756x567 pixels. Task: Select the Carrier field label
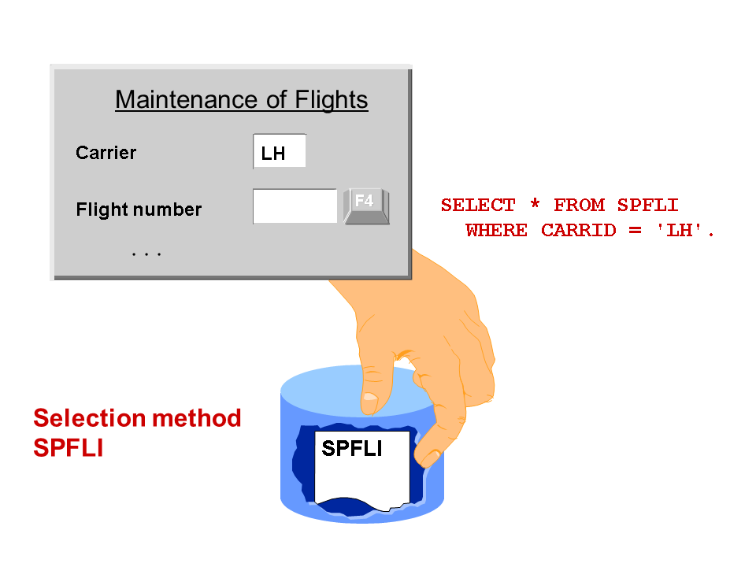106,153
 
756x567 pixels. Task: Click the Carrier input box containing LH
279,152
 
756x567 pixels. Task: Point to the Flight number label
139,209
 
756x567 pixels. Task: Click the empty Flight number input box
295,206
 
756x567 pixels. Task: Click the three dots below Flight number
146,254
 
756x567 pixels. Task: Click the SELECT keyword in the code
478,206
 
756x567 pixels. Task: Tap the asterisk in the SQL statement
535,206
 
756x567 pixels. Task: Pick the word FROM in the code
579,206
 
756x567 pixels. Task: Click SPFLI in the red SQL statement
647,206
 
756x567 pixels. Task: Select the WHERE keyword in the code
496,231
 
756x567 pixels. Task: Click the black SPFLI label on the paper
352,448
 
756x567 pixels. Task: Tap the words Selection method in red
137,418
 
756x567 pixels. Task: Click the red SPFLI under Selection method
69,448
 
